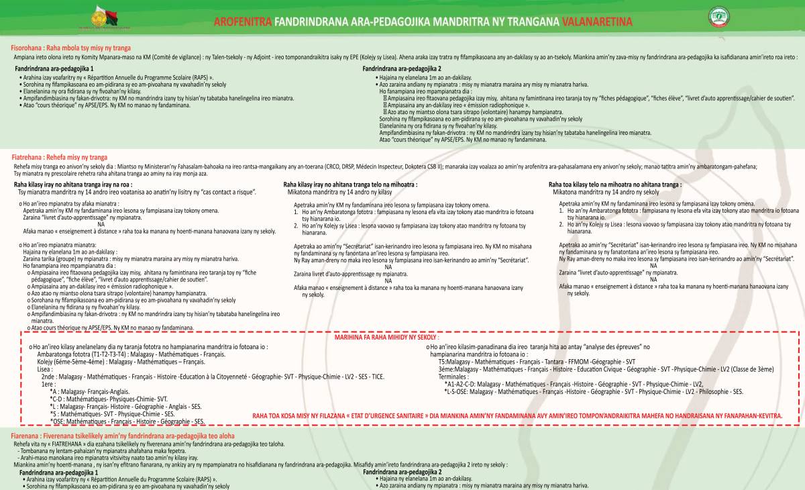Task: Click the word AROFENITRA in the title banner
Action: pos(243,21)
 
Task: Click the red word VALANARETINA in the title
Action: pos(597,21)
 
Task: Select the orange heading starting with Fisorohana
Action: pos(70,48)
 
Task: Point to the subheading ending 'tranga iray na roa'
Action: pos(73,184)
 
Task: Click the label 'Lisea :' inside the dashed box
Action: pos(45,369)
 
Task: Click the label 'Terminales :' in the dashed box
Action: pos(455,377)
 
